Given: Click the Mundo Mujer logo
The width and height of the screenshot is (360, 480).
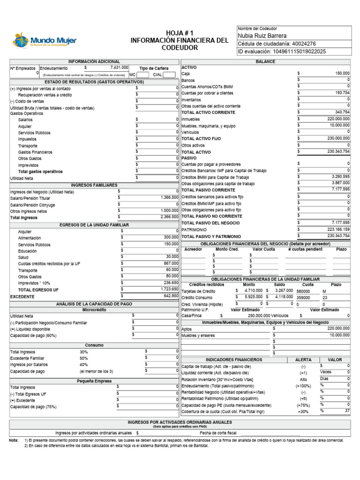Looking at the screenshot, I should click(45, 40).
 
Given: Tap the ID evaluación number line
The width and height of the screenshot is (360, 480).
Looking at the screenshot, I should click(282, 52).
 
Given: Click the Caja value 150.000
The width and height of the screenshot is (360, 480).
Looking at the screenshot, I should click(342, 74).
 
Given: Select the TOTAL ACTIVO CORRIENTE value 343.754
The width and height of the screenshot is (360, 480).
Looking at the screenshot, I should click(342, 112).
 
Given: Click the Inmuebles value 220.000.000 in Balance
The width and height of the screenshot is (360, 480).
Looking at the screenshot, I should click(338, 119).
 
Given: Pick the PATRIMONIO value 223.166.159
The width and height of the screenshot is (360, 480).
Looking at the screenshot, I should click(339, 229).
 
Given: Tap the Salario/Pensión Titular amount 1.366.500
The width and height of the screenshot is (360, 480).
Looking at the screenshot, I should click(169, 198).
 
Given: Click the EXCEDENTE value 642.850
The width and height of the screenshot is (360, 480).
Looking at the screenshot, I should click(170, 296).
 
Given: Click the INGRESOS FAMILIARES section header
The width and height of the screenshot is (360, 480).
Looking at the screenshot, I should click(94, 185).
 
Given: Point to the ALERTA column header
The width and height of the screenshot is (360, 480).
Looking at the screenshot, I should click(303, 360).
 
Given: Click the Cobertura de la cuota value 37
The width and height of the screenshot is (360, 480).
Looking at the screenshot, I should click(347, 411).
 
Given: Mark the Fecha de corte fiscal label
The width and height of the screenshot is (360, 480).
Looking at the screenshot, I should click(218, 433).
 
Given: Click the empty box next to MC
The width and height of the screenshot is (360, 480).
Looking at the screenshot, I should click(143, 75).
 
